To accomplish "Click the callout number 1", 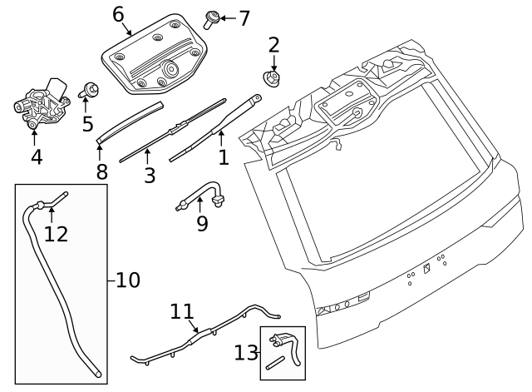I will pyautogui.click(x=222, y=157).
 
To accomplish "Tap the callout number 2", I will pyautogui.click(x=273, y=45).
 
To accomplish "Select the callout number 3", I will pyautogui.click(x=149, y=176).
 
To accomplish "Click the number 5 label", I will pyautogui.click(x=87, y=124).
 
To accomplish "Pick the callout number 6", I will pyautogui.click(x=118, y=14).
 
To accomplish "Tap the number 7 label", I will pyautogui.click(x=244, y=17).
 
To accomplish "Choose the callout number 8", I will pyautogui.click(x=101, y=172).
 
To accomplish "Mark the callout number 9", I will pyautogui.click(x=202, y=223).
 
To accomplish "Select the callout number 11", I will pyautogui.click(x=182, y=311).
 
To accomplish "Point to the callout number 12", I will pyautogui.click(x=56, y=234).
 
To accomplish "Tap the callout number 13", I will pyautogui.click(x=245, y=353).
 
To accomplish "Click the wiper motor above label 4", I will pyautogui.click(x=42, y=102).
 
